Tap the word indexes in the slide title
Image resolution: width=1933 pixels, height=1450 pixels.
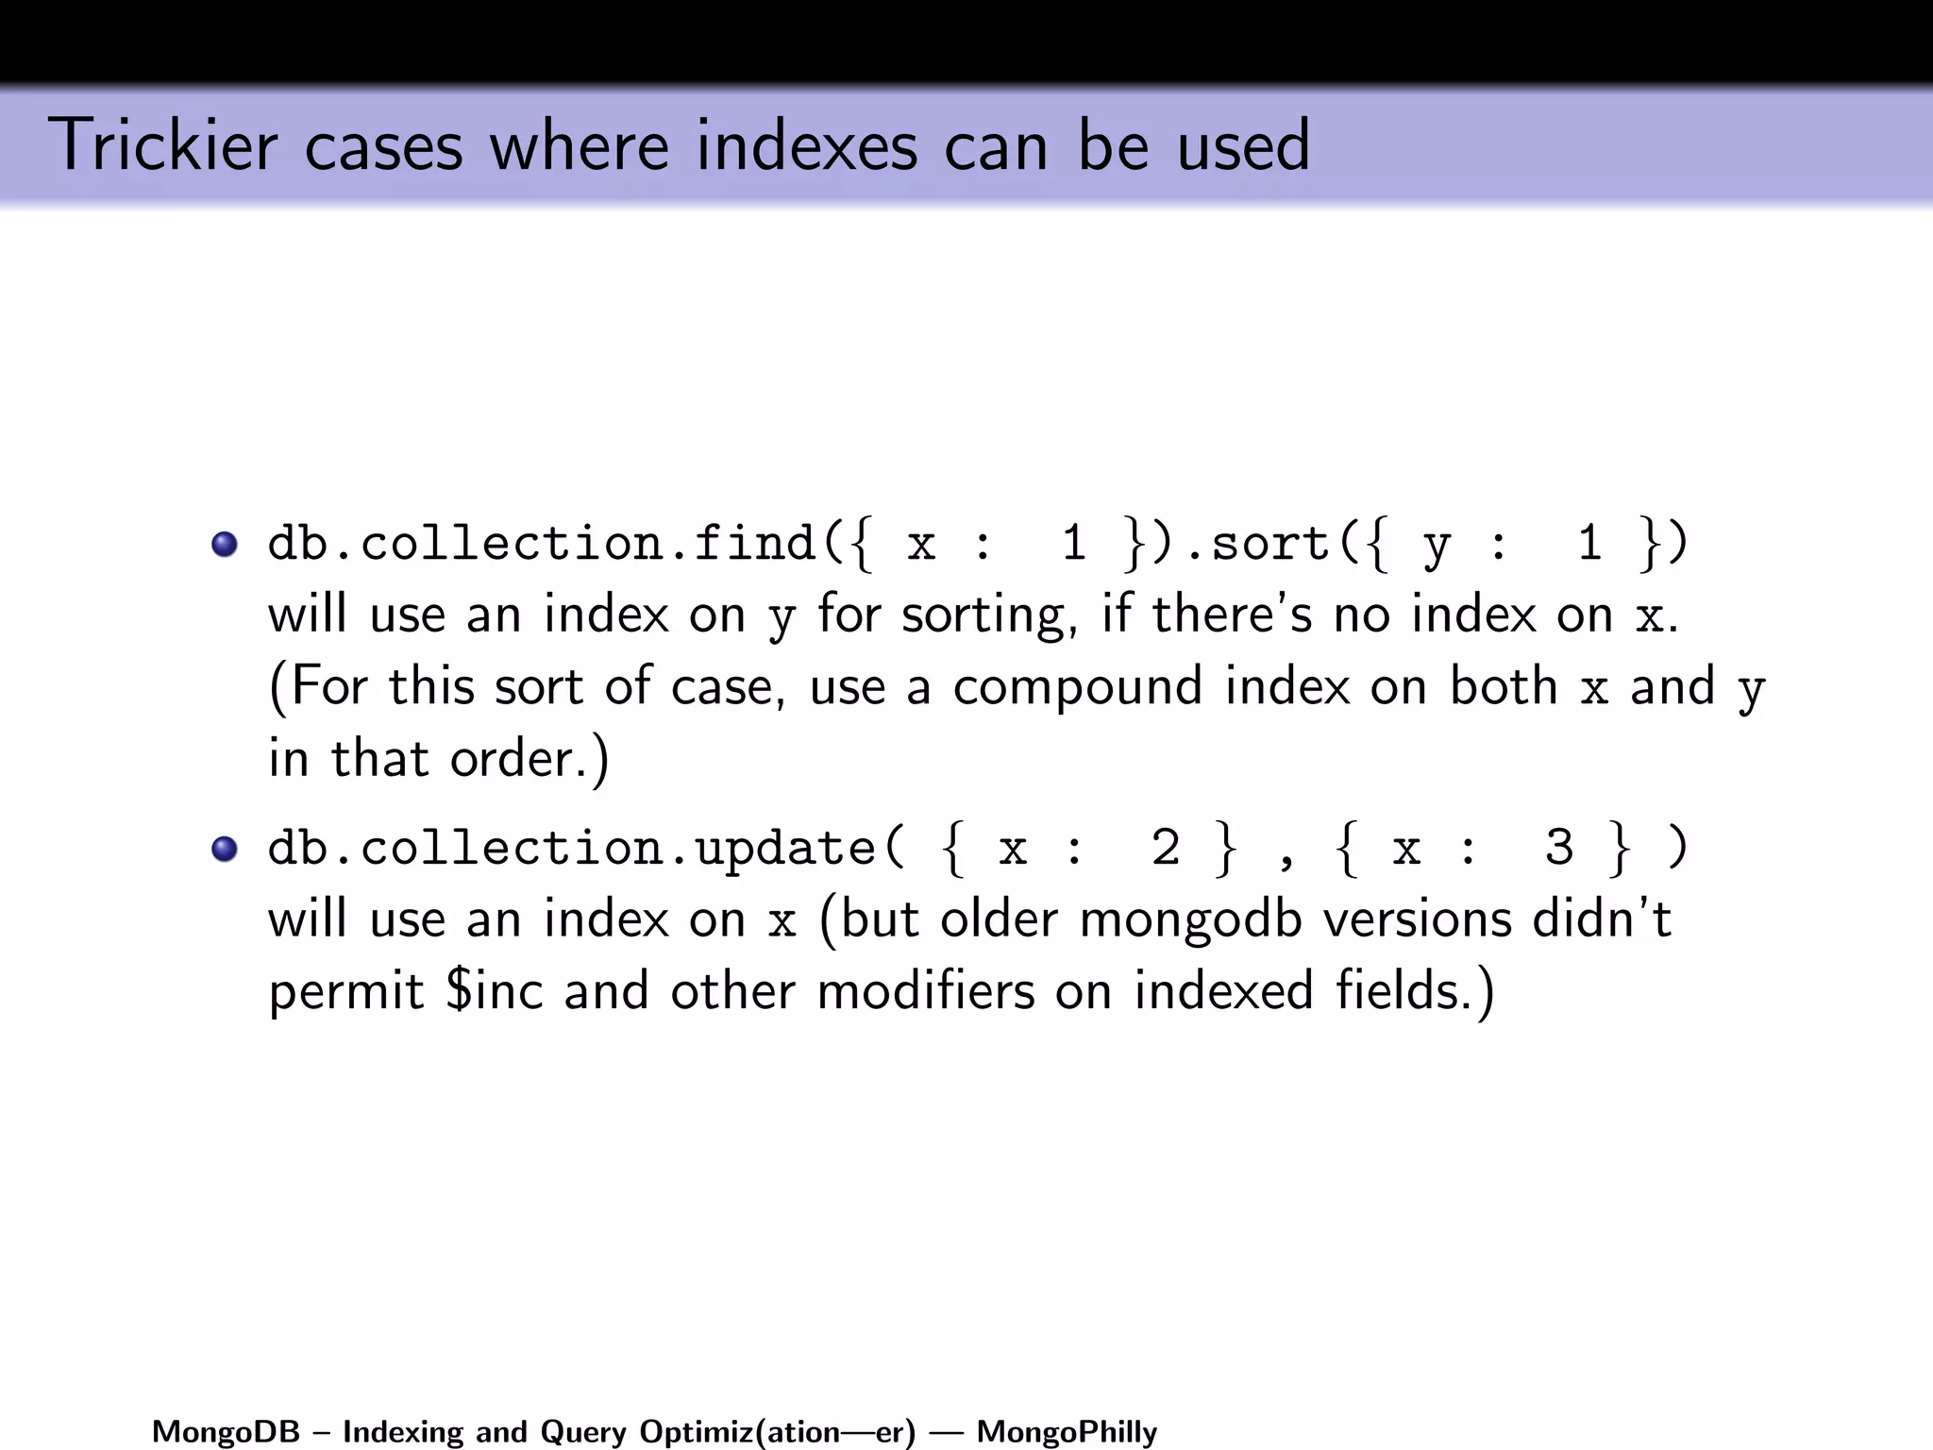click(x=806, y=146)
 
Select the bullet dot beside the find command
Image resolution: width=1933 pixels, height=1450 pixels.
click(x=225, y=545)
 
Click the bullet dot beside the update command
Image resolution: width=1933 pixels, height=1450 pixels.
click(x=225, y=850)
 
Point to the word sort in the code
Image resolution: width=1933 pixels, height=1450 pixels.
click(x=1269, y=545)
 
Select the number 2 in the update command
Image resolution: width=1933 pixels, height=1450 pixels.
click(x=1166, y=848)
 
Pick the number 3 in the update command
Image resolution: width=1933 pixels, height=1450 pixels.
click(x=1559, y=848)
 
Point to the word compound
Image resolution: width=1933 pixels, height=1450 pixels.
click(x=1077, y=687)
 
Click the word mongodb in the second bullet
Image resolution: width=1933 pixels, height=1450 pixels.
click(x=1190, y=920)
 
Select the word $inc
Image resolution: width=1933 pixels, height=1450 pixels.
click(x=495, y=991)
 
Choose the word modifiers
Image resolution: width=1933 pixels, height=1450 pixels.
click(x=926, y=991)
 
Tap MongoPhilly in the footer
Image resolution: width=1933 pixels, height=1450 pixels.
click(x=1067, y=1432)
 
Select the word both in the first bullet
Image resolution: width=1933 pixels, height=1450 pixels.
click(x=1503, y=687)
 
